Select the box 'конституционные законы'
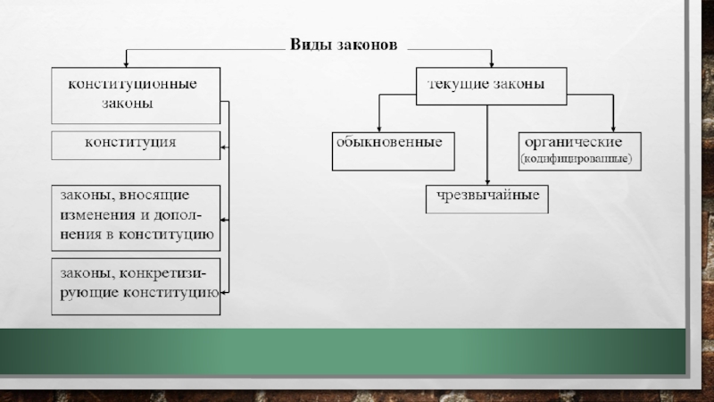click(x=135, y=95)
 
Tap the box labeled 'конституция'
click(x=135, y=145)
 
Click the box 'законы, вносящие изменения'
click(x=136, y=216)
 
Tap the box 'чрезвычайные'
click(x=487, y=197)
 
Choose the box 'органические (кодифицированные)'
click(x=576, y=151)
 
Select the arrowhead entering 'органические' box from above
click(x=613, y=128)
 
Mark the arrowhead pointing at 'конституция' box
click(x=223, y=145)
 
